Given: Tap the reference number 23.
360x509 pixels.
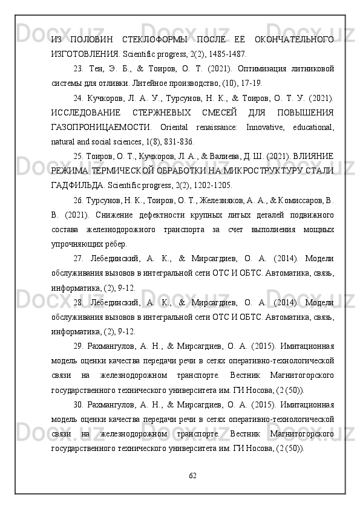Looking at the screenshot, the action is [77, 68].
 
